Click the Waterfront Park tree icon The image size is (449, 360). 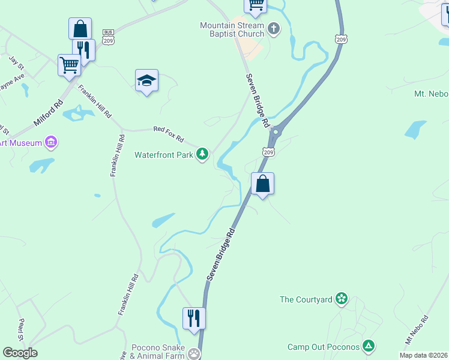[x=203, y=155]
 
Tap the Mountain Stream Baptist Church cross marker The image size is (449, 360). [x=274, y=28]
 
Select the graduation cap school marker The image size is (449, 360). [x=146, y=80]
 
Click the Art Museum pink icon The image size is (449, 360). [x=51, y=142]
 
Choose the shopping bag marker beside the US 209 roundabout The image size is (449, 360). [x=262, y=183]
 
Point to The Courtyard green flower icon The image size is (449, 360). [x=342, y=298]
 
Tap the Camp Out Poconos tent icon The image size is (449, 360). [x=369, y=346]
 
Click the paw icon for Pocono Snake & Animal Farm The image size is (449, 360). [x=194, y=353]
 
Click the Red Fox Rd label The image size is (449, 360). [x=168, y=133]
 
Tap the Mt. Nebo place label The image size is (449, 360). [x=431, y=94]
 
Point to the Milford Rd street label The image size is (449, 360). [x=48, y=112]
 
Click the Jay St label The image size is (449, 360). [x=15, y=61]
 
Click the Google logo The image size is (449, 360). [x=20, y=353]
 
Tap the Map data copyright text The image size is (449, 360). [x=424, y=355]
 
